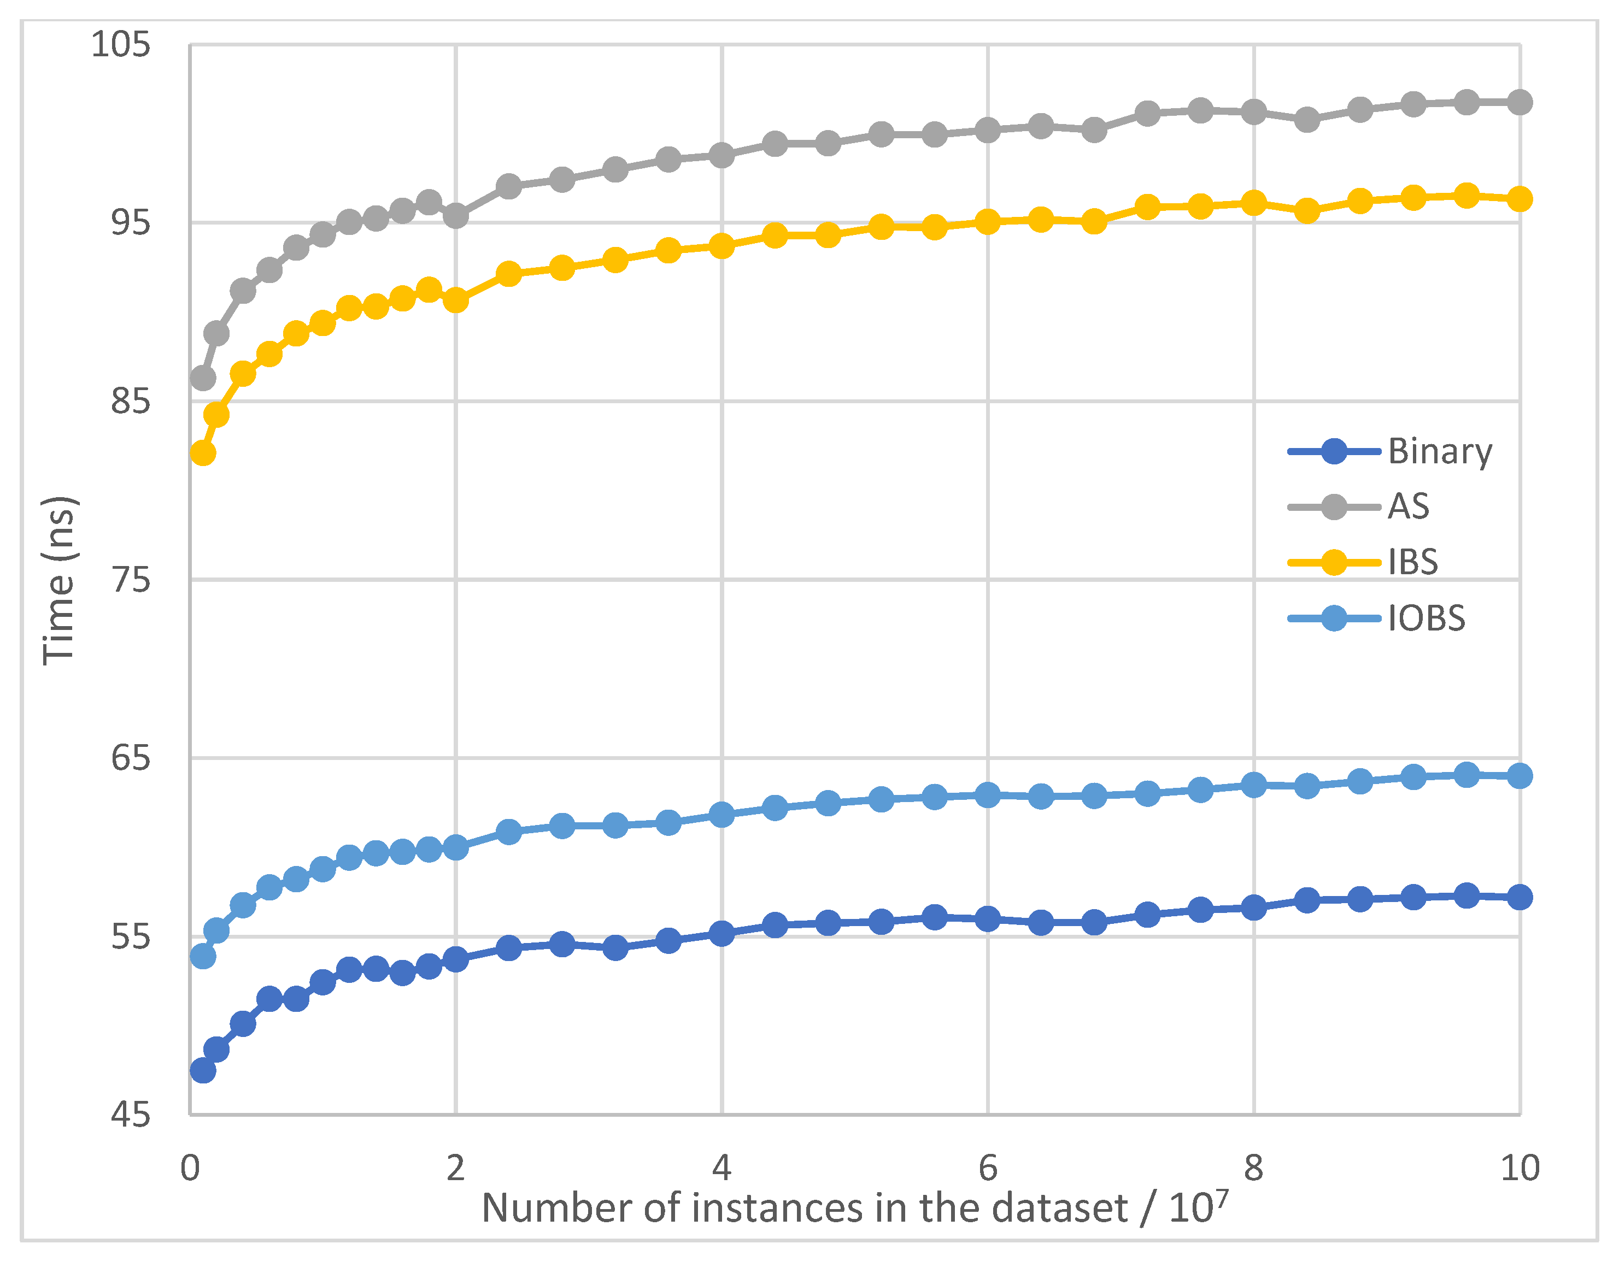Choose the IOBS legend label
(x=1426, y=618)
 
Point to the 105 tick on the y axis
(x=120, y=44)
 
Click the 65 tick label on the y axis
(x=130, y=758)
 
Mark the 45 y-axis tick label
(x=130, y=1115)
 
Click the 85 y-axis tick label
(x=130, y=402)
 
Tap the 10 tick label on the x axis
(x=1520, y=1168)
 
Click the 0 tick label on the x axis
(x=190, y=1168)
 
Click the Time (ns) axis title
(x=60, y=580)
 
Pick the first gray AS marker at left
(x=203, y=378)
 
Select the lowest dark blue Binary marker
(x=203, y=1070)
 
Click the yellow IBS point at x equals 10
(x=1520, y=199)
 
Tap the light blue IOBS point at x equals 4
(x=721, y=815)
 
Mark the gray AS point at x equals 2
(x=455, y=216)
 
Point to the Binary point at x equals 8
(x=1253, y=907)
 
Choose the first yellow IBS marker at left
(x=203, y=452)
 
